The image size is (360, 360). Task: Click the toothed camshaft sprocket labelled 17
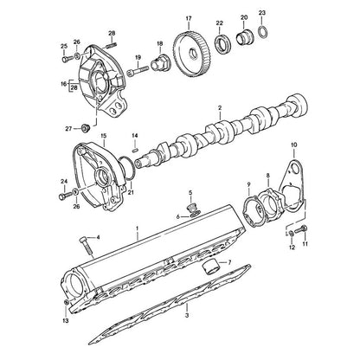pyautogui.click(x=192, y=55)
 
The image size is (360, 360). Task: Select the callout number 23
pyautogui.click(x=262, y=13)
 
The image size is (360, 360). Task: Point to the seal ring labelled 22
pyautogui.click(x=221, y=44)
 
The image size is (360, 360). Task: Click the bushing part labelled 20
pyautogui.click(x=244, y=36)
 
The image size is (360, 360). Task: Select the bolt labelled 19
pyautogui.click(x=139, y=70)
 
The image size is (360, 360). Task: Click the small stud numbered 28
pyautogui.click(x=112, y=45)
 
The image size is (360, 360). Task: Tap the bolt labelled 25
pyautogui.click(x=67, y=59)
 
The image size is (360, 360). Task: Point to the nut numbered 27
pyautogui.click(x=86, y=128)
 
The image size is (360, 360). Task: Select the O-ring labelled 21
pyautogui.click(x=126, y=168)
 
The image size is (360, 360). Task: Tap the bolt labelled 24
pyautogui.click(x=65, y=196)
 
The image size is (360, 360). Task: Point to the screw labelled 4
pyautogui.click(x=85, y=246)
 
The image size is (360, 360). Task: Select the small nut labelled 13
pyautogui.click(x=66, y=302)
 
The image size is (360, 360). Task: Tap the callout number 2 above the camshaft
pyautogui.click(x=220, y=108)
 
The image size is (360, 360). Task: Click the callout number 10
pyautogui.click(x=293, y=145)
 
